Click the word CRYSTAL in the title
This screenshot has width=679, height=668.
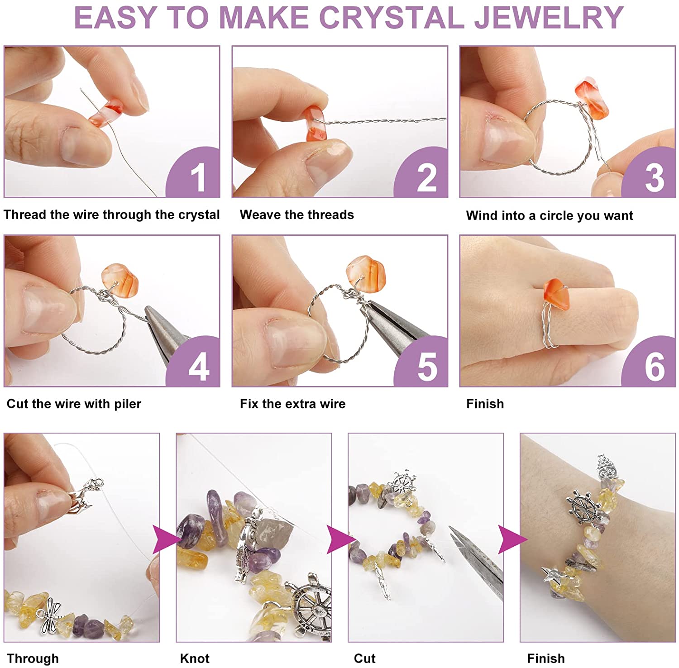pyautogui.click(x=392, y=18)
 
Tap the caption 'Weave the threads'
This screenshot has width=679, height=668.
pyautogui.click(x=297, y=215)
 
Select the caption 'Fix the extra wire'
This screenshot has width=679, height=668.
pyautogui.click(x=292, y=404)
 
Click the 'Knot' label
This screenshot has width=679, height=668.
pyautogui.click(x=195, y=658)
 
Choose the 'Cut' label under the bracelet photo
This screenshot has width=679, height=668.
pyautogui.click(x=364, y=658)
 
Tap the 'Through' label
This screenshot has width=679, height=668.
pyautogui.click(x=33, y=658)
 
